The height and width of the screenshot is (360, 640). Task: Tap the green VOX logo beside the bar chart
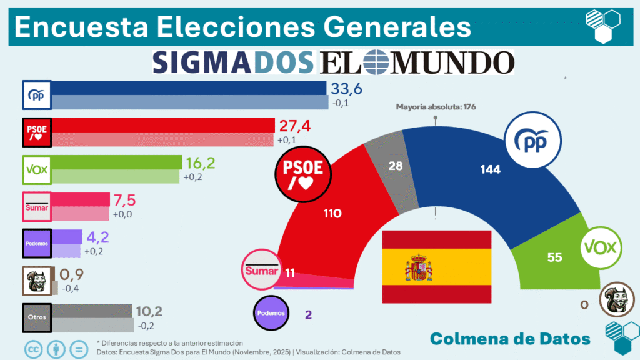[x=36, y=169]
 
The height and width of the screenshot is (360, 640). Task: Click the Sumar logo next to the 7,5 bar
[x=36, y=207]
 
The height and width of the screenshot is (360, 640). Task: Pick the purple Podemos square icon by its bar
[x=36, y=244]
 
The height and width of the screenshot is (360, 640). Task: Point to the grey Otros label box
[x=36, y=317]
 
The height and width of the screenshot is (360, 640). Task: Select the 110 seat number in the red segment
[x=332, y=214]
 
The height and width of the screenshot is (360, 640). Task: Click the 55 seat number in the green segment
[x=554, y=257]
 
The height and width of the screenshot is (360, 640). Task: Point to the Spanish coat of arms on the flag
[x=419, y=267]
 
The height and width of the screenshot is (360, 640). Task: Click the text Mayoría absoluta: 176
[x=436, y=107]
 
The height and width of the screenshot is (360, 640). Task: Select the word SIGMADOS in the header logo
[x=233, y=62]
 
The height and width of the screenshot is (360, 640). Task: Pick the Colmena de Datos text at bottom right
[x=510, y=339]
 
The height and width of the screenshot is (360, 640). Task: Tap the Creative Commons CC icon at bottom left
[x=34, y=348]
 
